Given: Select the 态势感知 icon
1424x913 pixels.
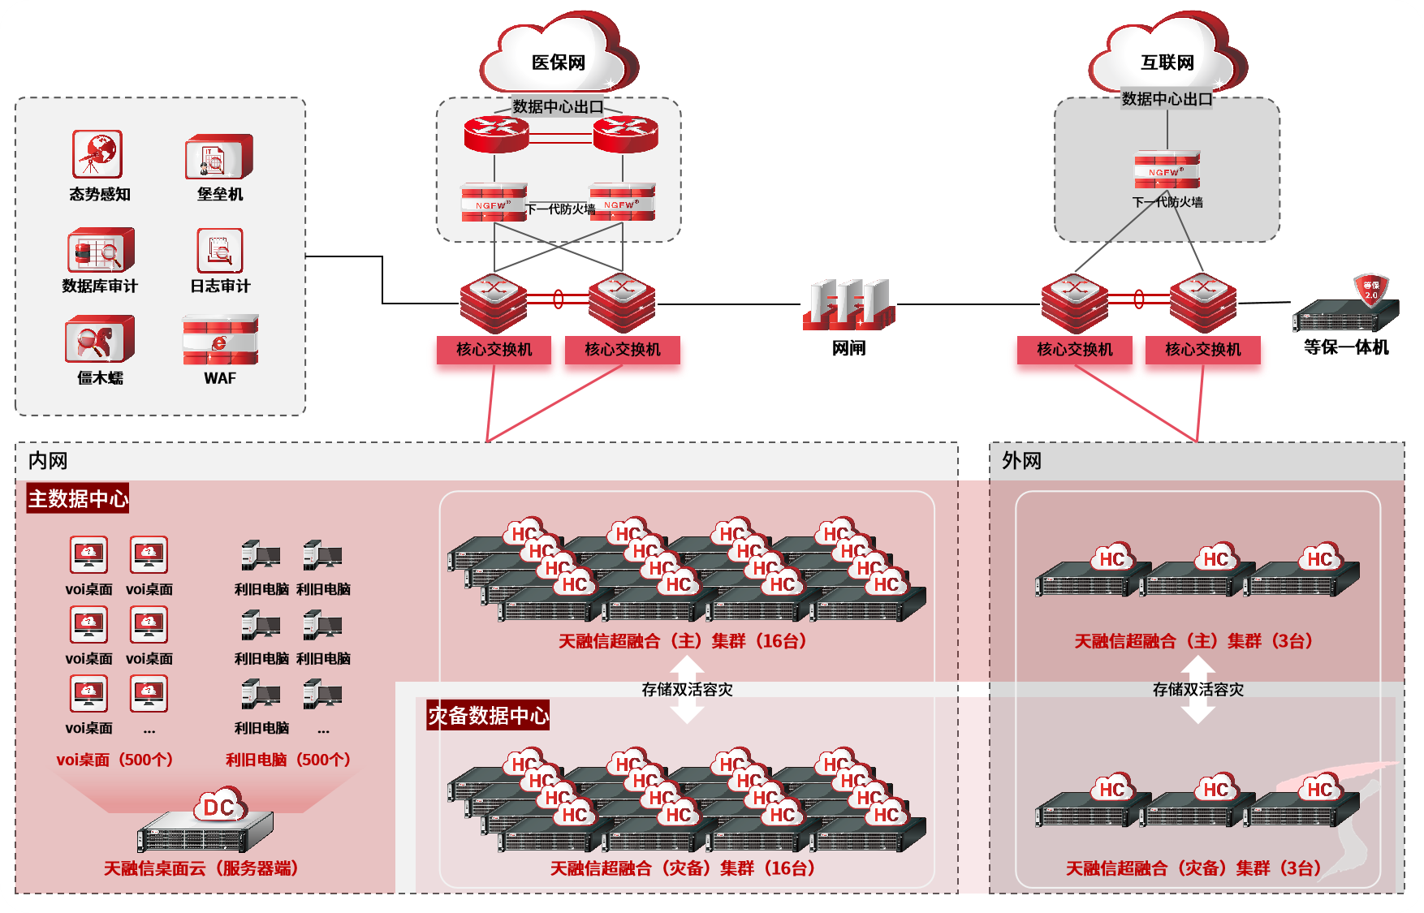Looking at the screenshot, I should coord(97,154).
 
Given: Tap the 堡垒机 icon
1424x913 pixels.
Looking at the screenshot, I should coord(219,157).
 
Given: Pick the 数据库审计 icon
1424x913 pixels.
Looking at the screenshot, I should coord(100,250).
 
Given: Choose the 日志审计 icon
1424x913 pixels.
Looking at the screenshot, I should coord(220,251).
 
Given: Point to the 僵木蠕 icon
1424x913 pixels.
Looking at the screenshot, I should coord(100,339).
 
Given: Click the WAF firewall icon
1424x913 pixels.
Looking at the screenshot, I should coord(220,340).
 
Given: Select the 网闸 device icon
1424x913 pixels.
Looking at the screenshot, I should coord(849,304).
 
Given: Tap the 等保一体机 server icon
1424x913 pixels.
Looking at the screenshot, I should coord(1346,309).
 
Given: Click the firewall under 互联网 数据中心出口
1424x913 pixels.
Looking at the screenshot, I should coord(1167,170).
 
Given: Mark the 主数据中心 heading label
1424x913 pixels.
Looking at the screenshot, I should coord(78,498).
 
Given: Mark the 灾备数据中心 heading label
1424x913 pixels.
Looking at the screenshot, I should coord(488,716).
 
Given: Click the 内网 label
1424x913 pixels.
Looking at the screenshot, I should coord(48,461).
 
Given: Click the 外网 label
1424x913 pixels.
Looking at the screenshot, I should coord(1021,461).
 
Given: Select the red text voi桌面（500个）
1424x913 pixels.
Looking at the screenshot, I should coord(114,760).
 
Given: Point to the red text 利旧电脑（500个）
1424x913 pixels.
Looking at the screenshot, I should coord(288,760).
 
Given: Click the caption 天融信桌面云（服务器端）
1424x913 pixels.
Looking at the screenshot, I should coord(201,868).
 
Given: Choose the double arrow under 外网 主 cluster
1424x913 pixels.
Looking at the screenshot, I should coord(1197,689).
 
